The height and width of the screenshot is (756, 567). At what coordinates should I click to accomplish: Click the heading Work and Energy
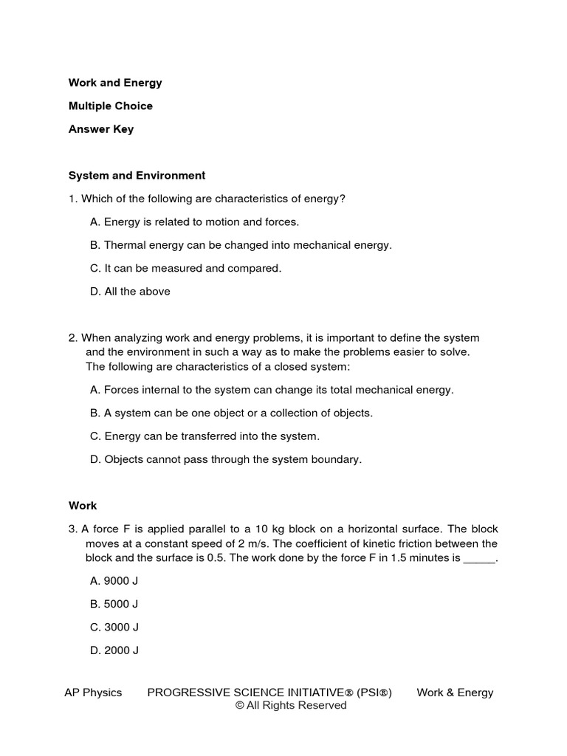tap(115, 83)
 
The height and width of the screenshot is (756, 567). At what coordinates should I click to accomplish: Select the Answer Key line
tap(101, 129)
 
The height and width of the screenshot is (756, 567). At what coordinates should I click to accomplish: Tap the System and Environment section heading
tap(137, 176)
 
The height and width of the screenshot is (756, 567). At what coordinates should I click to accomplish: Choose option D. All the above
tap(130, 292)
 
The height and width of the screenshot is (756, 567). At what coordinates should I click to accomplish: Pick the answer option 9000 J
tap(114, 581)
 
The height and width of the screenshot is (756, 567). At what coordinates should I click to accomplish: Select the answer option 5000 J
tap(114, 604)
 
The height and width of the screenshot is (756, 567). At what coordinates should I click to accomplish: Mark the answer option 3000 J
tap(114, 628)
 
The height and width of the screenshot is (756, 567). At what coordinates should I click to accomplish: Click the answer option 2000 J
tap(114, 650)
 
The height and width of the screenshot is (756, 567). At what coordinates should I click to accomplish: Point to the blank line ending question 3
tap(479, 559)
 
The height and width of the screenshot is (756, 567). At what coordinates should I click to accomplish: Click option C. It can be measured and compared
tap(185, 268)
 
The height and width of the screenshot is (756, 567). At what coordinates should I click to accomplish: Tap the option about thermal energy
tap(241, 245)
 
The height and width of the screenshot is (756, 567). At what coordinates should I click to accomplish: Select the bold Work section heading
tap(83, 506)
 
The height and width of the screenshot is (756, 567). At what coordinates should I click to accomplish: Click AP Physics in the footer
tap(93, 693)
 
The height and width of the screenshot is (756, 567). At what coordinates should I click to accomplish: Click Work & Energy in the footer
tap(455, 693)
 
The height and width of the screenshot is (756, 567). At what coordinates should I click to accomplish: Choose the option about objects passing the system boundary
tap(226, 459)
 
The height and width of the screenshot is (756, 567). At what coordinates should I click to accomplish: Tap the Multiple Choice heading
tap(111, 106)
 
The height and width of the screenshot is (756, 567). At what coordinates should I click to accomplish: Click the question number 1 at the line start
tap(72, 199)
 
